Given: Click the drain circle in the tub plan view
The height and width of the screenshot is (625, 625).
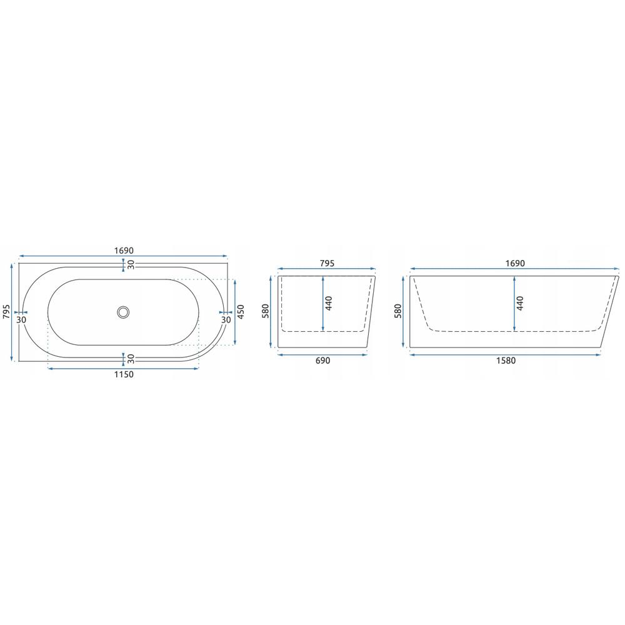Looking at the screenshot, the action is pos(124,312).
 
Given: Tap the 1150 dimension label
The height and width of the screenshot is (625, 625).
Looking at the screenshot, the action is pos(124,374).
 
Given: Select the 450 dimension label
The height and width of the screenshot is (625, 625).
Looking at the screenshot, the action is pos(241,312).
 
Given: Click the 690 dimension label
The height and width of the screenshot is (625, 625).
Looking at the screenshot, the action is pos(323,361).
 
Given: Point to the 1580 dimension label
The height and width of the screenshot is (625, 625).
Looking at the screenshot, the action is pos(506,361).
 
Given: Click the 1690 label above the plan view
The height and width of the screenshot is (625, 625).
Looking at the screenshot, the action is pos(124,251).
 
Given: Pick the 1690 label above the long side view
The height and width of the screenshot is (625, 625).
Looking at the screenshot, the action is pos(515,264).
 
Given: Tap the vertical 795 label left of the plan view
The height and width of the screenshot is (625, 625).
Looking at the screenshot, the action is pos(6,312).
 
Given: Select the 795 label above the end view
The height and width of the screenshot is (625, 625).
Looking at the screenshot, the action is pos(327,264).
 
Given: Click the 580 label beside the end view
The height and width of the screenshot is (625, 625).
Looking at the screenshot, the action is pos(266,311).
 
